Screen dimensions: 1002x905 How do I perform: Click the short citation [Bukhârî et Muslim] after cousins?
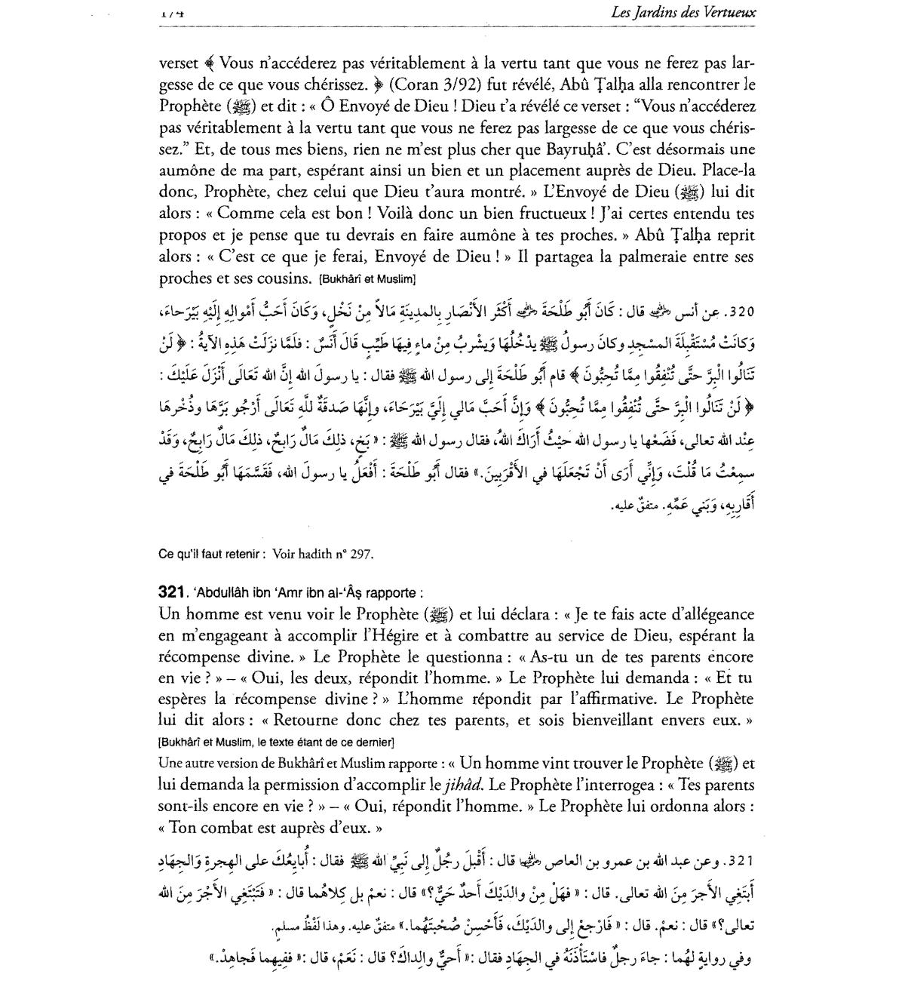tap(367, 279)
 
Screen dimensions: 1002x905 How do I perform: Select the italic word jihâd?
tap(460, 785)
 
